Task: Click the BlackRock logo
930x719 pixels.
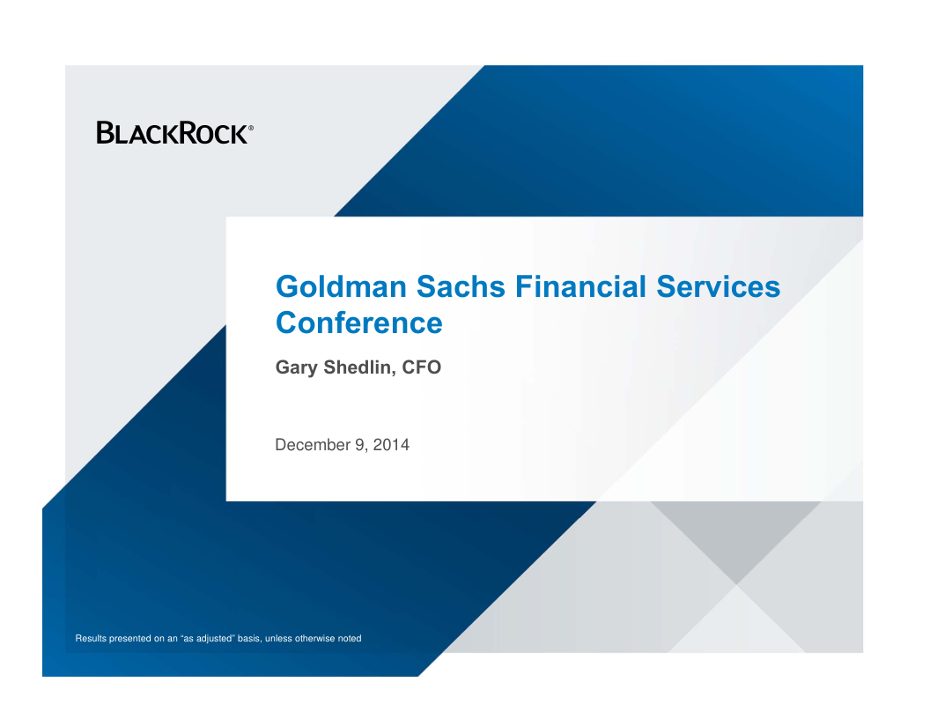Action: [175, 133]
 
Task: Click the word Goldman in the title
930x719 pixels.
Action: [341, 286]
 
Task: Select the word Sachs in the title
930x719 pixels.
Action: [461, 286]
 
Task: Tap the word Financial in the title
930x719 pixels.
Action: [580, 286]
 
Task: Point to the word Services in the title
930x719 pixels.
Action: [719, 286]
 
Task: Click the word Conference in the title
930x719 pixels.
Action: [359, 322]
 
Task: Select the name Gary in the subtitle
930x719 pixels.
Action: [297, 367]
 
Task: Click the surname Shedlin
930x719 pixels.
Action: [360, 367]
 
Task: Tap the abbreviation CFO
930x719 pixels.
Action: [422, 367]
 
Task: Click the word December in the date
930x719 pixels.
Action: [313, 445]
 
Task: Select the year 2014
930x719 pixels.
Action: [391, 445]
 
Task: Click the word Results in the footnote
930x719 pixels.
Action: [91, 638]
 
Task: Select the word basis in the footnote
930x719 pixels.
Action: [249, 638]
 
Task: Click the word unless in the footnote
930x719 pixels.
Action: [279, 638]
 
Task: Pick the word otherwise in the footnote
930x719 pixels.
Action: [315, 638]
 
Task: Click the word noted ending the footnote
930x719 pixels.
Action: [350, 638]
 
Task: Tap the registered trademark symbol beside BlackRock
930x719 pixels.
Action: [251, 128]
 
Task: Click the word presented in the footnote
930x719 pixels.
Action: [130, 639]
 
